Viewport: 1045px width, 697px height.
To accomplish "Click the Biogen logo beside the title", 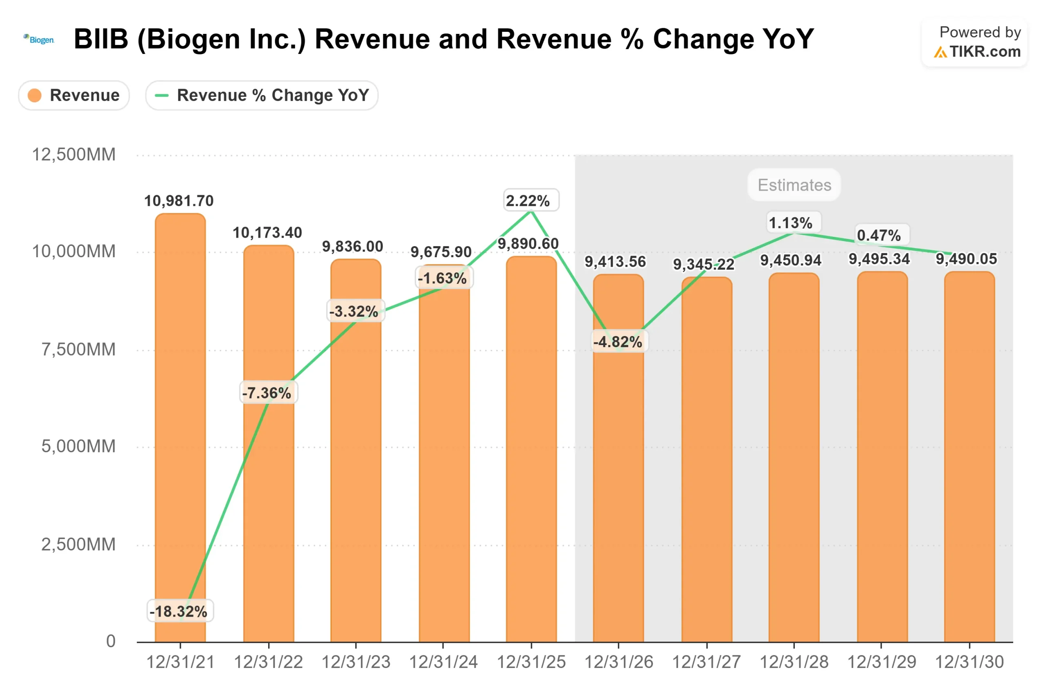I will point(39,40).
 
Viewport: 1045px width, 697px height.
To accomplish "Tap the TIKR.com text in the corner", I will point(985,51).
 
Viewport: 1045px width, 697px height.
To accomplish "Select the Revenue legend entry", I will point(74,95).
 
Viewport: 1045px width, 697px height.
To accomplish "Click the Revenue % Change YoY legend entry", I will point(262,95).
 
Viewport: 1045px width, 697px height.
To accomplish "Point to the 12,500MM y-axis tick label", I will point(74,155).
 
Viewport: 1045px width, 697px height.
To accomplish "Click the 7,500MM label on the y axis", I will point(78,350).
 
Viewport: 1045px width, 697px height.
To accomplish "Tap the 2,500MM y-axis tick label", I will point(78,544).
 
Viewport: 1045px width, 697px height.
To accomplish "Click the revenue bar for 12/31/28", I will point(794,458).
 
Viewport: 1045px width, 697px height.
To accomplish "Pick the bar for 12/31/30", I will point(969,458).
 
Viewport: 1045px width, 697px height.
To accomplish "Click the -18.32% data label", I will point(179,611).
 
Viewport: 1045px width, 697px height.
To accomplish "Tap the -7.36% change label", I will point(267,393).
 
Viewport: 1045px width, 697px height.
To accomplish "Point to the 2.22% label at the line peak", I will point(528,201).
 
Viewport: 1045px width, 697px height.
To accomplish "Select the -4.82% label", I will point(618,342).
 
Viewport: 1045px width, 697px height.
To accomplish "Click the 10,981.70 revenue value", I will point(179,201).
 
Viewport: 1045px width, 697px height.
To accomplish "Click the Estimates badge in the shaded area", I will point(794,185).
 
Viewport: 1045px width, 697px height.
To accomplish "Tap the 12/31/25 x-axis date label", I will point(531,662).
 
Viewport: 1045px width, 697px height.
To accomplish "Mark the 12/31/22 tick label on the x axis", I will point(268,662).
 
